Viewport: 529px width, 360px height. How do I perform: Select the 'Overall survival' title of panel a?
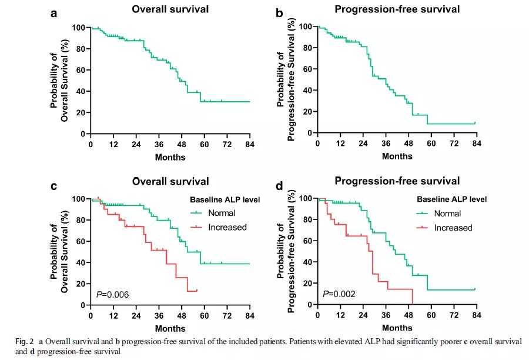(x=170, y=10)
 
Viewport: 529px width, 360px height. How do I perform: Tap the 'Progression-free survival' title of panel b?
(x=397, y=9)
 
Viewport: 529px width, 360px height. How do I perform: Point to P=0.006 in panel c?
(x=112, y=294)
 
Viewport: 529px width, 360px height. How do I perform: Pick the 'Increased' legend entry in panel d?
(x=454, y=228)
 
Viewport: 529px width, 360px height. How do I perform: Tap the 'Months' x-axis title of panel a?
(x=170, y=157)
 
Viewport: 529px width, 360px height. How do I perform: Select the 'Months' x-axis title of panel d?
(x=397, y=327)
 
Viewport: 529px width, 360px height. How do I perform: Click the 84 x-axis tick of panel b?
(x=477, y=143)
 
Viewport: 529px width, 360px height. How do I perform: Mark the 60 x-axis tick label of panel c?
(x=205, y=315)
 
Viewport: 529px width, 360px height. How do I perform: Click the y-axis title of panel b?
(x=286, y=79)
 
